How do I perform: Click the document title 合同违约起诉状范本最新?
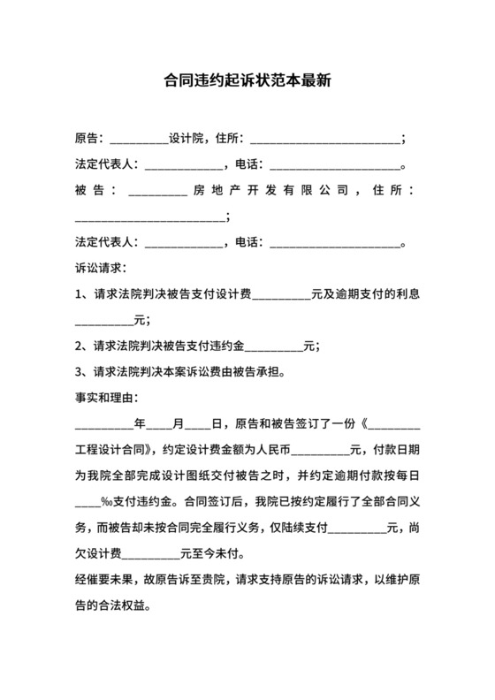[247, 81]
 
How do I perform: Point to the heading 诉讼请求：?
[102, 267]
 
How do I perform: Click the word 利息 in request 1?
[406, 293]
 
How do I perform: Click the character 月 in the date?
[177, 423]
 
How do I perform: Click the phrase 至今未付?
[216, 554]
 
